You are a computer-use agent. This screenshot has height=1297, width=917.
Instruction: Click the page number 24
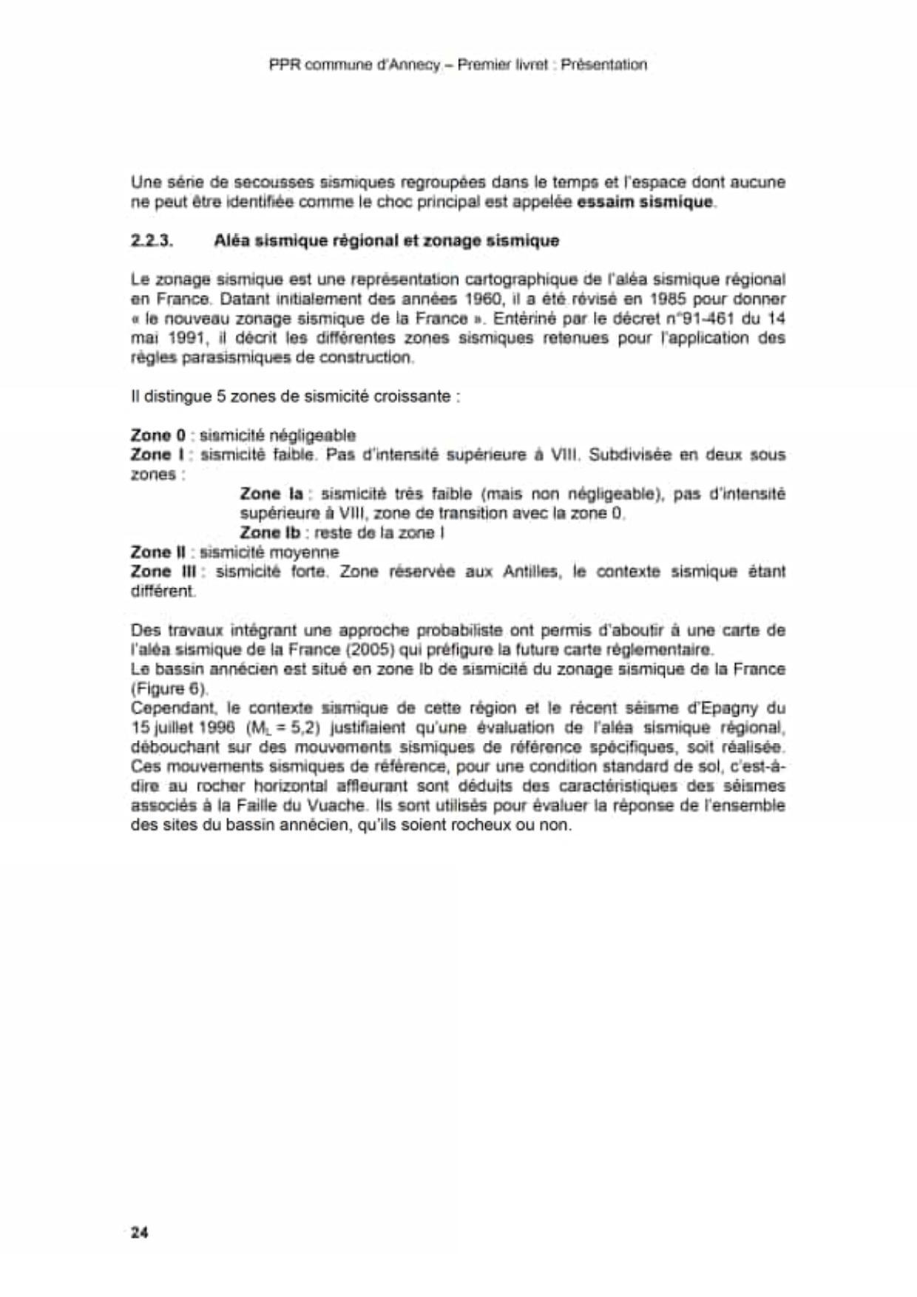[x=139, y=1233]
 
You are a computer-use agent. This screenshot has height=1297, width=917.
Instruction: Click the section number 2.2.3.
[x=152, y=240]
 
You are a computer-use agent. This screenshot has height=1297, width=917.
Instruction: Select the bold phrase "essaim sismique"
[x=645, y=202]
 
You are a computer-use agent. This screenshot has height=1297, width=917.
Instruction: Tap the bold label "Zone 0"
[x=158, y=436]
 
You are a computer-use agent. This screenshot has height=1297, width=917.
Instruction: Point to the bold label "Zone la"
[x=271, y=494]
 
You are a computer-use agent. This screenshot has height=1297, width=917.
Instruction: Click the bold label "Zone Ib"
[x=270, y=533]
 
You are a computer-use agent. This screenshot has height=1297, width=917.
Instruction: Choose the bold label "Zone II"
[x=158, y=552]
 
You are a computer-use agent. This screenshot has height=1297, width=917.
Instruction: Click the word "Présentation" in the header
[x=603, y=65]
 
